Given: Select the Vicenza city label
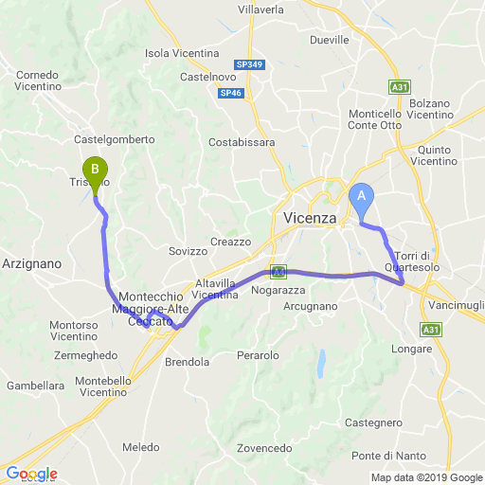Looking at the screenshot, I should tap(310, 219).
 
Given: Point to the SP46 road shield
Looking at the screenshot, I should tap(230, 93).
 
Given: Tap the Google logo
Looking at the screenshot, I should tap(31, 474).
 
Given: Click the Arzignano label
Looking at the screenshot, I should tap(32, 263).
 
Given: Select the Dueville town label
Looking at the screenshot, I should tap(330, 41).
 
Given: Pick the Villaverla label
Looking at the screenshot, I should tap(260, 9).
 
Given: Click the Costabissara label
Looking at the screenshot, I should tap(242, 142).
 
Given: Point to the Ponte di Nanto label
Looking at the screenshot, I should tap(385, 456).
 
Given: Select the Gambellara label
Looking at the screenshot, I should tap(35, 386).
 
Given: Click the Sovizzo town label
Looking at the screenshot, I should tap(187, 251).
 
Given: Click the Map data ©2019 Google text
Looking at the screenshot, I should tap(425, 477).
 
